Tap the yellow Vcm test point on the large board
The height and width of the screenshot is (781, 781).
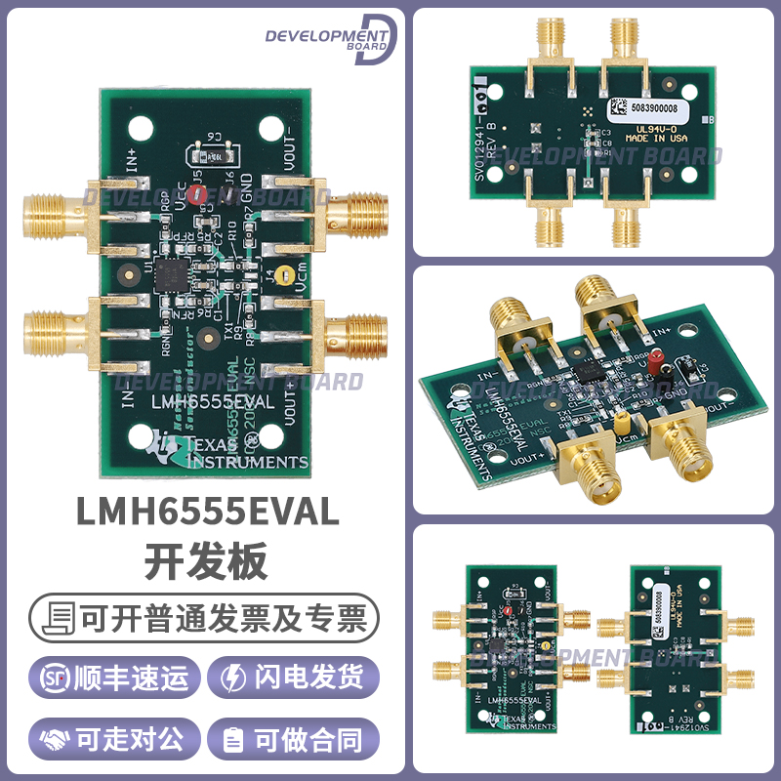point(283,276)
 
